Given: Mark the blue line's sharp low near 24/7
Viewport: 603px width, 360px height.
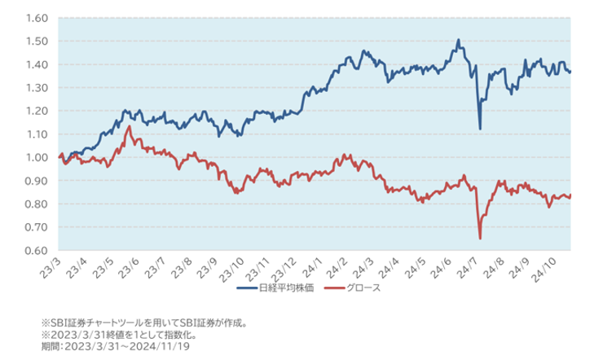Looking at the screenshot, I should (x=480, y=129).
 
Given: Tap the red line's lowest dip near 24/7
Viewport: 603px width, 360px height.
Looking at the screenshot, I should (x=480, y=238).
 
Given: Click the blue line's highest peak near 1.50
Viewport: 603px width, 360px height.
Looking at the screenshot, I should (x=459, y=39).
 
